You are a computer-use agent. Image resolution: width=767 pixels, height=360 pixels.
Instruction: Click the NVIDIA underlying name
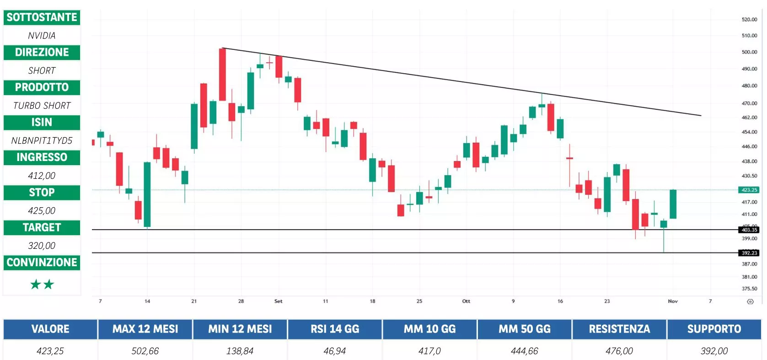pyautogui.click(x=42, y=35)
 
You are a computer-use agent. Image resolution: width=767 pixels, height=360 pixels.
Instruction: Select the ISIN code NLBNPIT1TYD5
pyautogui.click(x=42, y=140)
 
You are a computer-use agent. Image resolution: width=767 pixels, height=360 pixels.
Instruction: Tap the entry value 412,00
pyautogui.click(x=42, y=176)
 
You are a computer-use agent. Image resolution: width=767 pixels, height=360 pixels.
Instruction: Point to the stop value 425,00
pyautogui.click(x=42, y=210)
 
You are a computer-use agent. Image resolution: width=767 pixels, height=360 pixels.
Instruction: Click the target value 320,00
pyautogui.click(x=42, y=246)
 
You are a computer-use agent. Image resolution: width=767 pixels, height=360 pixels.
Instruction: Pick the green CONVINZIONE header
pyautogui.click(x=42, y=263)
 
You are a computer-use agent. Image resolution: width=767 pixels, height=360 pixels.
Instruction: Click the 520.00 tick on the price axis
pyautogui.click(x=749, y=20)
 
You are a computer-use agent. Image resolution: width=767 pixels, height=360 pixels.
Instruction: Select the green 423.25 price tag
pyautogui.click(x=749, y=190)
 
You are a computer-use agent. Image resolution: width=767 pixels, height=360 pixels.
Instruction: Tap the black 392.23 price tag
pyautogui.click(x=749, y=253)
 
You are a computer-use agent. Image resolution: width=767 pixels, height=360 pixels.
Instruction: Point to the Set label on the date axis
pyautogui.click(x=278, y=301)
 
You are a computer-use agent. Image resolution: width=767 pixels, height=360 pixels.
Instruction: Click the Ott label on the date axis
pyautogui.click(x=466, y=301)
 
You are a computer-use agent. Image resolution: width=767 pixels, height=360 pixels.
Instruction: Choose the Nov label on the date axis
pyautogui.click(x=673, y=301)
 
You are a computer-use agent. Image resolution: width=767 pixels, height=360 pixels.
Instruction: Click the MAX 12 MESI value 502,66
pyautogui.click(x=145, y=351)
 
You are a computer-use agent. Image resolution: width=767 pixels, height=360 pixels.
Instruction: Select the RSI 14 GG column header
pyautogui.click(x=335, y=329)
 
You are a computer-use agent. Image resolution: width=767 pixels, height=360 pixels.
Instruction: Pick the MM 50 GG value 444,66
pyautogui.click(x=525, y=351)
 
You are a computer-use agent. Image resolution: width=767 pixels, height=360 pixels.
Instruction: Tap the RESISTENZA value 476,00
pyautogui.click(x=619, y=351)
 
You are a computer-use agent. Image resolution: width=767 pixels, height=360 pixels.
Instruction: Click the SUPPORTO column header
pyautogui.click(x=714, y=329)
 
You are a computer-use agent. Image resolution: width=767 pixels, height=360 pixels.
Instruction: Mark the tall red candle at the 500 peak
pyautogui.click(x=222, y=74)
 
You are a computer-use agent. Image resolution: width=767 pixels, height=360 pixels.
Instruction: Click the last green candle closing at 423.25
pyautogui.click(x=673, y=204)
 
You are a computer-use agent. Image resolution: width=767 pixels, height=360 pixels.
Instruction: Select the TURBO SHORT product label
pyautogui.click(x=42, y=106)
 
